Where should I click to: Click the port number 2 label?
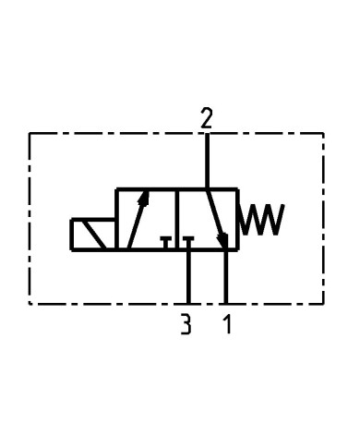click(x=207, y=117)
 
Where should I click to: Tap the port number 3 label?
click(x=186, y=324)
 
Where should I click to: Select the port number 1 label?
click(x=224, y=324)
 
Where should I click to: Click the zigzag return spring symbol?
click(x=262, y=220)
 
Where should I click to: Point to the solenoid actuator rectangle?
click(x=92, y=235)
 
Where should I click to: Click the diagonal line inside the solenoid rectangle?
click(x=93, y=235)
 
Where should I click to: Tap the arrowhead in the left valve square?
click(x=143, y=198)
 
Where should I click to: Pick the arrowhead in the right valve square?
click(x=222, y=242)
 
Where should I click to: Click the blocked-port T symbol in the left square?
click(x=166, y=243)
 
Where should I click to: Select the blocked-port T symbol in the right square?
click(x=188, y=242)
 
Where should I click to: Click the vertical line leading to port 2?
click(x=207, y=162)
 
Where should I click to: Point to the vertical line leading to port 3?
click(x=188, y=277)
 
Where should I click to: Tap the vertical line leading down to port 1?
click(x=226, y=277)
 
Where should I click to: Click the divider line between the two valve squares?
click(x=177, y=220)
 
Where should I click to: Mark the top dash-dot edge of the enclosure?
click(x=111, y=134)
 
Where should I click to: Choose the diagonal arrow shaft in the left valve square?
click(x=136, y=222)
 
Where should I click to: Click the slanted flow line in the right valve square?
click(x=215, y=217)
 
